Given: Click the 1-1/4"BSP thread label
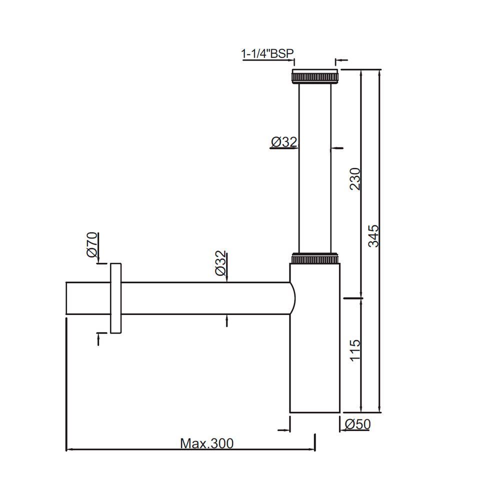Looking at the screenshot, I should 267,53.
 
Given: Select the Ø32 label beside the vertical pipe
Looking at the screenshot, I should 283,142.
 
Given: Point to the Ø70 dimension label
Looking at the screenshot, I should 92,245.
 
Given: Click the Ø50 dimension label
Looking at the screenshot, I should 358,424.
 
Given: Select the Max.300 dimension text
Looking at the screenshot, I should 206,443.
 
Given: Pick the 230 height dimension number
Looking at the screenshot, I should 354,179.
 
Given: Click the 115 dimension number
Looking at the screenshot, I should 354,351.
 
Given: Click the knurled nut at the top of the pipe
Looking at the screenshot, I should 314,77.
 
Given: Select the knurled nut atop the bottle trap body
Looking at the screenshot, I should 315,258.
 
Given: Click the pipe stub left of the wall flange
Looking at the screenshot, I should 87,298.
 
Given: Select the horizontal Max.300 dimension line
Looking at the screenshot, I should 190,450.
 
